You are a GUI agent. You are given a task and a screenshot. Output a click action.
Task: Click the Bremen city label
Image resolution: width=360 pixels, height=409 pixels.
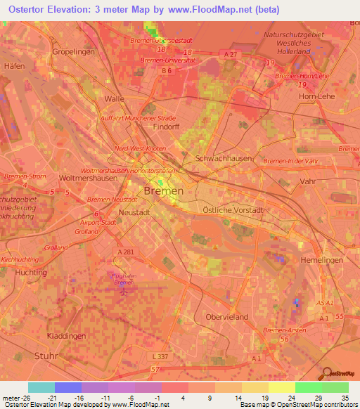point(163,190)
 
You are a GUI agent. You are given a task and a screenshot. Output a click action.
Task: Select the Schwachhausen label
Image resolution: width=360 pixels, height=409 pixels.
point(224,159)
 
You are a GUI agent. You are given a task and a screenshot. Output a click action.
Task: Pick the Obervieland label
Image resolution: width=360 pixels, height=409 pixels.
point(227,317)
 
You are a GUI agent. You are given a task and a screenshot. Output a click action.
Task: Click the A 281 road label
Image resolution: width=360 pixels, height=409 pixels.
point(126,252)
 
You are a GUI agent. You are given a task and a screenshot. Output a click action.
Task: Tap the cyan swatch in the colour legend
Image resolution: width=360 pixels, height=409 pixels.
point(41,387)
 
